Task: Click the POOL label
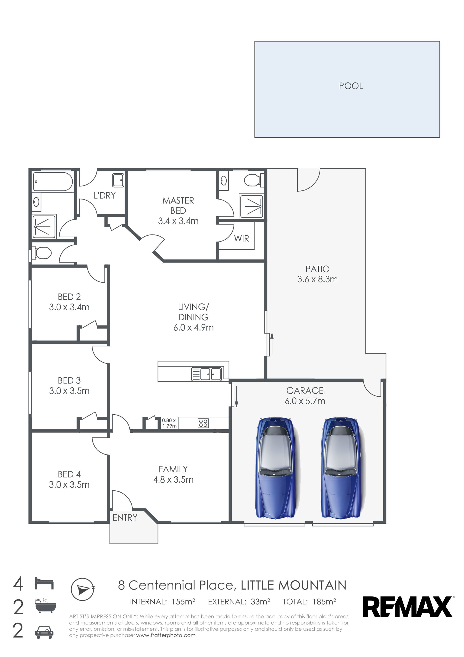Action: click(351, 86)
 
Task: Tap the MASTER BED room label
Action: click(178, 206)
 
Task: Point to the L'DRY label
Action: click(105, 196)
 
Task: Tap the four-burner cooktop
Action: click(203, 423)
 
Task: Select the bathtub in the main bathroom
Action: click(53, 181)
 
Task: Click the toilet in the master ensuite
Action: click(254, 180)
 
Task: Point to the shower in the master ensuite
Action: click(251, 206)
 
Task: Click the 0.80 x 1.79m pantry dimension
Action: click(169, 423)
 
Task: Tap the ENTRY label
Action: click(125, 518)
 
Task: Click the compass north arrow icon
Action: click(83, 589)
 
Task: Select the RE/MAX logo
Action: click(408, 607)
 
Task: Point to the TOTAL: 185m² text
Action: click(309, 602)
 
